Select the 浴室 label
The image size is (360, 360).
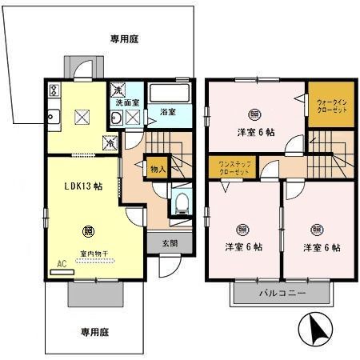(x=167, y=111)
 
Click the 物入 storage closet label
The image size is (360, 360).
(x=158, y=168)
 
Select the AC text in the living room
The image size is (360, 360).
(x=62, y=262)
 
